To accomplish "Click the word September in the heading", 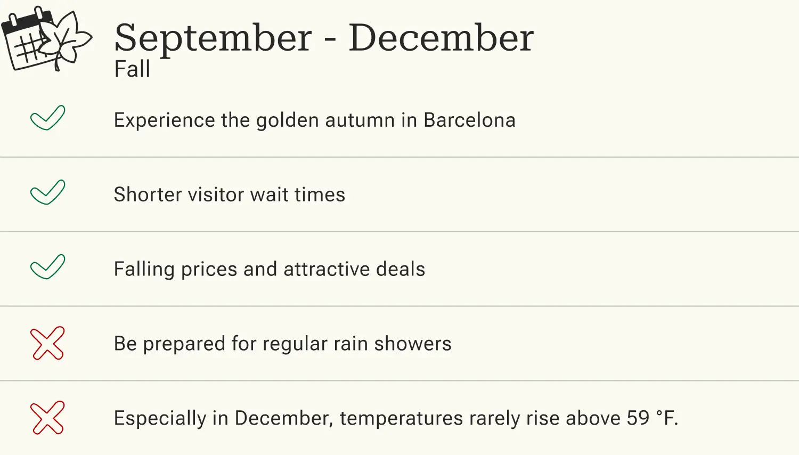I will point(213,38).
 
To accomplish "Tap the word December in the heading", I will point(441,38).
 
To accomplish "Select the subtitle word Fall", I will point(132,69).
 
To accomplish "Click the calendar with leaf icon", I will point(46,38).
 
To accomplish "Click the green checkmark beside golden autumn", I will point(47,118).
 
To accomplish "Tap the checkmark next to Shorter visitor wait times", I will point(47,192).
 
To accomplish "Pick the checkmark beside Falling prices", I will point(47,267).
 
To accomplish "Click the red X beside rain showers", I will point(47,343).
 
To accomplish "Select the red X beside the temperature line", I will point(47,418).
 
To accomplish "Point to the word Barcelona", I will point(469,120).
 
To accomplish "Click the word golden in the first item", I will point(288,121).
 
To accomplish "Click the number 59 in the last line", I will point(638,418).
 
